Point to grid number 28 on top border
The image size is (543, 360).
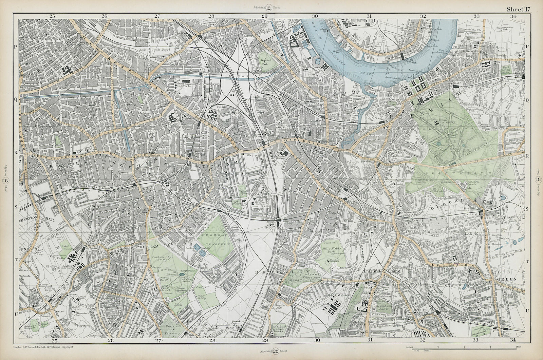pos(211,16)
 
